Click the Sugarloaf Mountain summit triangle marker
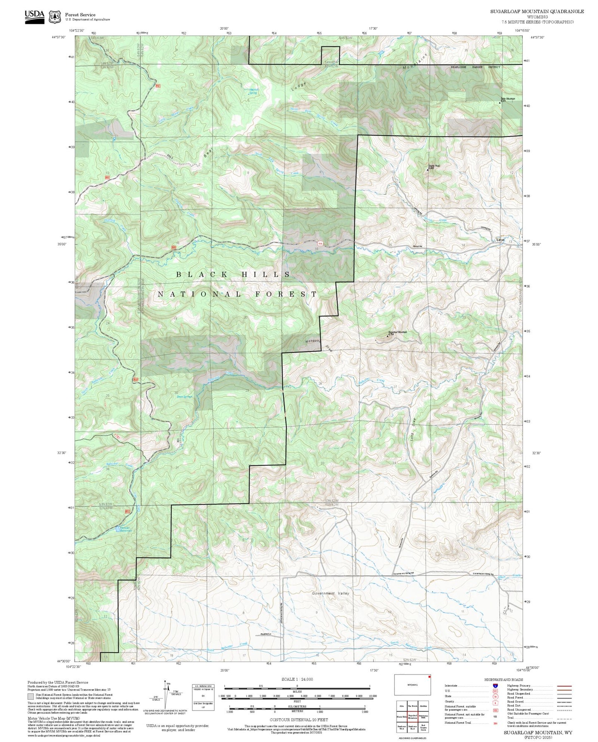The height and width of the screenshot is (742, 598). click(387, 336)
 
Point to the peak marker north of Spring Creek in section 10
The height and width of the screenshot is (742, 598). click(427, 170)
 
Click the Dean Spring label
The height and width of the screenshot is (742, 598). click(185, 397)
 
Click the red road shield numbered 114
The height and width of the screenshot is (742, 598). click(320, 244)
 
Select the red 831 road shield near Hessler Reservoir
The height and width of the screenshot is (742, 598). click(127, 512)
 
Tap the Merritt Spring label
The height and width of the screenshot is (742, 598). click(253, 91)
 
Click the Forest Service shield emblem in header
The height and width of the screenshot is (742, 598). click(55, 17)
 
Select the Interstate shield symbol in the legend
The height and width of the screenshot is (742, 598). click(495, 685)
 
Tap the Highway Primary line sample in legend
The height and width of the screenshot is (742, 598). click(564, 686)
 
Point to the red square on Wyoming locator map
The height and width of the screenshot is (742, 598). click(430, 677)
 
